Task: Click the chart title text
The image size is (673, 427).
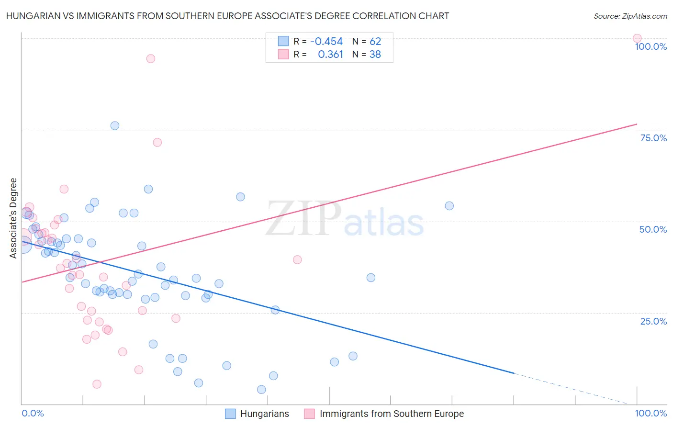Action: click(x=227, y=16)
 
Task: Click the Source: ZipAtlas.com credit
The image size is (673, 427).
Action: click(x=630, y=16)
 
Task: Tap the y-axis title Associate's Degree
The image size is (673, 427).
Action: click(x=13, y=218)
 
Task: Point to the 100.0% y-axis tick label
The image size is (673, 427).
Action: click(x=651, y=46)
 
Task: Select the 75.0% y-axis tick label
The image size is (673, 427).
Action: click(x=653, y=138)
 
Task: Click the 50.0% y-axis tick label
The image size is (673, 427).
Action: click(x=653, y=229)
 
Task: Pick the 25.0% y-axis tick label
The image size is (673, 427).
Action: click(x=653, y=321)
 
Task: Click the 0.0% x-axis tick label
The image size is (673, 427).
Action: click(x=33, y=413)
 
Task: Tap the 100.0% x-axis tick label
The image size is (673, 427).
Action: click(x=651, y=413)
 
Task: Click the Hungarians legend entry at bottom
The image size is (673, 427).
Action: click(x=264, y=414)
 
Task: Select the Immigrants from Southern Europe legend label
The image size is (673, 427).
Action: click(x=392, y=414)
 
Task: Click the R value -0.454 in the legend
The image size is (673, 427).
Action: click(x=326, y=41)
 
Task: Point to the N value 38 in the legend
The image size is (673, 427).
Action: click(x=375, y=55)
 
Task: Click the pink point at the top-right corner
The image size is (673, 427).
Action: click(x=637, y=38)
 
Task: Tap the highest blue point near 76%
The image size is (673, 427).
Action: click(x=115, y=126)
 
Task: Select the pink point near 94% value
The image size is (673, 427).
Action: click(x=151, y=59)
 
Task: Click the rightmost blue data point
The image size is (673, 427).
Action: click(x=449, y=206)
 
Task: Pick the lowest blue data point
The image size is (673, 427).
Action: click(x=261, y=390)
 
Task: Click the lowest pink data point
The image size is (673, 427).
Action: click(x=97, y=384)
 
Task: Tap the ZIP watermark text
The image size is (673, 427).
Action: click(x=303, y=219)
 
